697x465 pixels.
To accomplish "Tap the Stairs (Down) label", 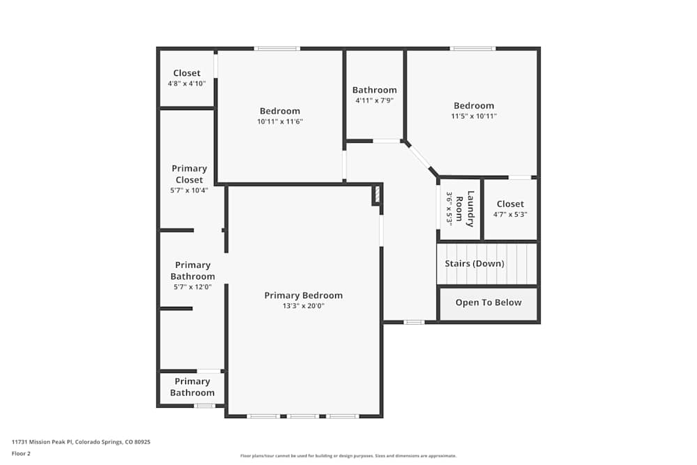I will (x=475, y=264).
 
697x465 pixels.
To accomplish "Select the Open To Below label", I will (x=488, y=303).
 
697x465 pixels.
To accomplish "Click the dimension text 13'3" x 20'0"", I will (x=303, y=306).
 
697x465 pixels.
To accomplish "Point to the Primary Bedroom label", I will (x=303, y=296).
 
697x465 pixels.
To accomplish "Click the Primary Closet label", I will (x=190, y=174).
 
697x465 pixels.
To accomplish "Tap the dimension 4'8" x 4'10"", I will (x=187, y=84).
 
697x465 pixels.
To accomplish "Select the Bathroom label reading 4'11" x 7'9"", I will (x=374, y=90).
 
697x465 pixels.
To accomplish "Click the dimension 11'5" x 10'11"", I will (x=474, y=116).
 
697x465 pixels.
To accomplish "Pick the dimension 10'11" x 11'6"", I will (x=279, y=121).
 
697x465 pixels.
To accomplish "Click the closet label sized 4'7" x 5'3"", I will (x=510, y=204).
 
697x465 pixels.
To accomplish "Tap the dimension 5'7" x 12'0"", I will (x=192, y=287).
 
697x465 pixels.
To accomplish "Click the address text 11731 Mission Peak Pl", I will (x=81, y=441).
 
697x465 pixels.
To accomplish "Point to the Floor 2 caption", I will (x=21, y=453).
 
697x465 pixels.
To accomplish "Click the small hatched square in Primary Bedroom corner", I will (x=377, y=195).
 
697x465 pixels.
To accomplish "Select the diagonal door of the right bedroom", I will (x=420, y=157).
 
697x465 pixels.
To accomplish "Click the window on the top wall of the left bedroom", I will (x=277, y=49).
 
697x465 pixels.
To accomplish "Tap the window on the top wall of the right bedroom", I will (x=473, y=49).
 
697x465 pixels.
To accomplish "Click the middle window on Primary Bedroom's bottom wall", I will (x=303, y=416).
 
